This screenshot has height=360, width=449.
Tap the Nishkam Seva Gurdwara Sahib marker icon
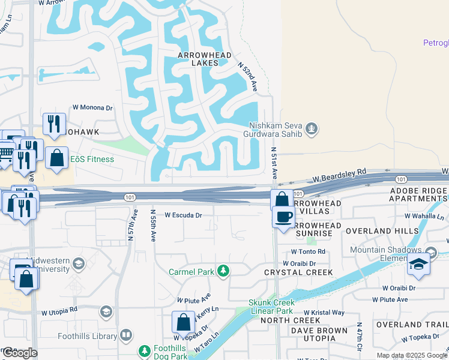pos(311,128)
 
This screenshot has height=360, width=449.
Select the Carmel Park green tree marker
pos(223,271)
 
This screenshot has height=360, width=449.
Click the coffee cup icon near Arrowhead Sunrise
pos(283,216)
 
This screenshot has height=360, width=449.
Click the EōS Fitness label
pos(92,159)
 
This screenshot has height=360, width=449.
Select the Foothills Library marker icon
pos(125,335)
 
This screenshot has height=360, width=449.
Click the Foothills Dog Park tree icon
pos(145,350)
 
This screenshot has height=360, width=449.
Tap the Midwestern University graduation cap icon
pos(77,263)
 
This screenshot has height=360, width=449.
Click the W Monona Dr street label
pos(93,108)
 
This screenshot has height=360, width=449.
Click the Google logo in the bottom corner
pos(19,352)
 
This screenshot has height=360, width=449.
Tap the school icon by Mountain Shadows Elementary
pos(418,264)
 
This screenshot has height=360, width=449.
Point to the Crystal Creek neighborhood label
pos(298,272)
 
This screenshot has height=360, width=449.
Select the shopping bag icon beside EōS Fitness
pos(56,158)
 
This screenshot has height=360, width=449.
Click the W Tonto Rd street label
pos(308,252)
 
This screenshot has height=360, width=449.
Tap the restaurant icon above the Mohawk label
pos(54,124)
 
